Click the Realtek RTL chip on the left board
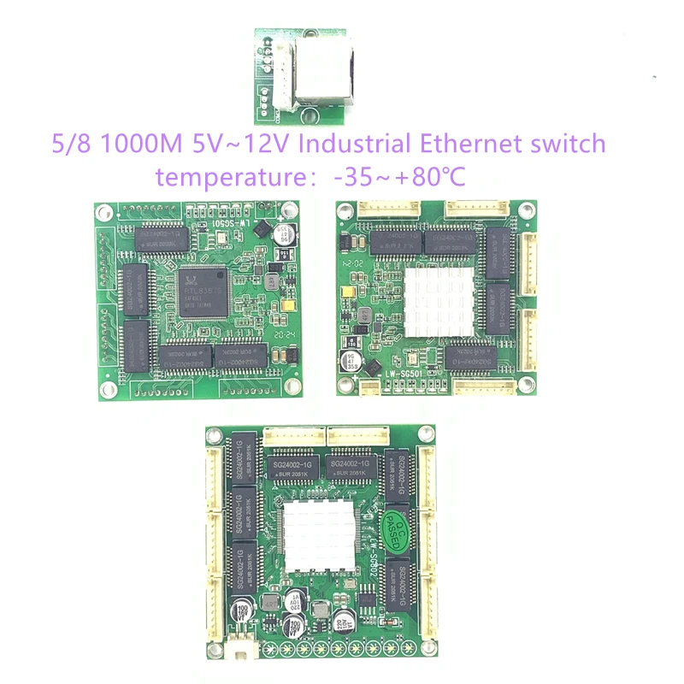coord(203,291)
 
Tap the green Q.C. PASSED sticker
coord(398,523)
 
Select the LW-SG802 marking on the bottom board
coord(369,560)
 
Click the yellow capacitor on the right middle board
coord(350,291)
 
